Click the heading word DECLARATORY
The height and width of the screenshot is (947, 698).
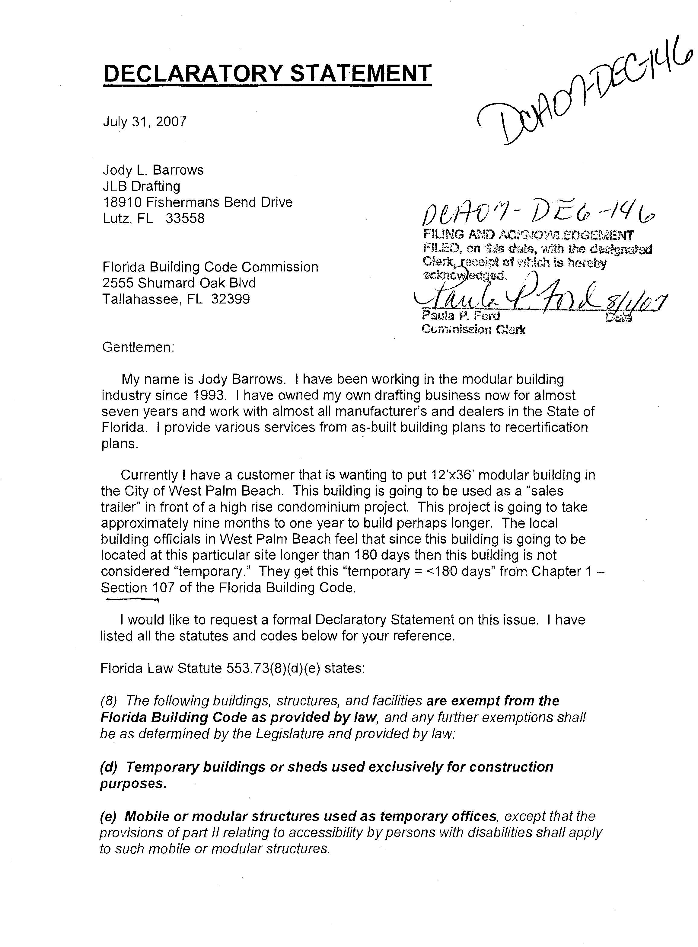coord(192,74)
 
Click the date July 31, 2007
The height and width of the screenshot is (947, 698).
coord(145,122)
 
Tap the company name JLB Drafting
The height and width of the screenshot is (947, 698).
coord(142,186)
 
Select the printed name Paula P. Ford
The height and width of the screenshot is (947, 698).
coord(461,315)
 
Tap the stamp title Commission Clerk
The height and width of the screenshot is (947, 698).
coord(473,330)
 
